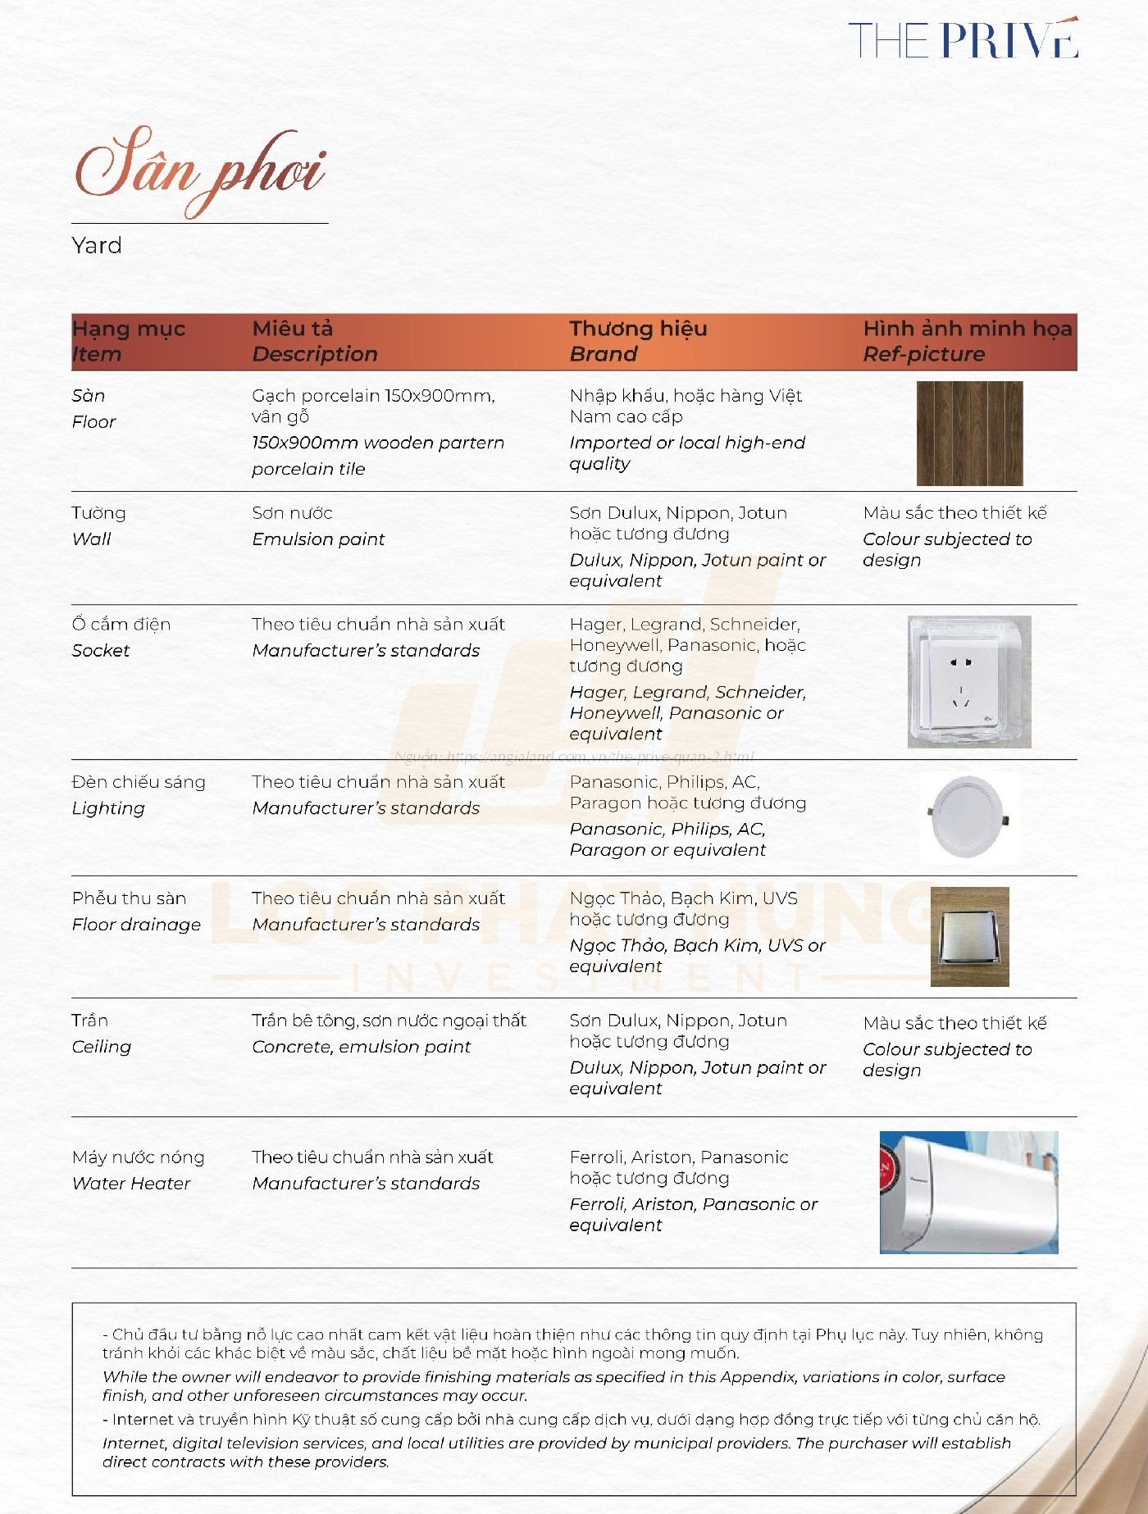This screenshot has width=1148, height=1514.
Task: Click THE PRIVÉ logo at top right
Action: click(x=963, y=39)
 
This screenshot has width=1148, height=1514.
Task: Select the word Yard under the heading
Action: click(x=97, y=245)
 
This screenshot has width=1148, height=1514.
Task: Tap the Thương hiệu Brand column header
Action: click(x=638, y=341)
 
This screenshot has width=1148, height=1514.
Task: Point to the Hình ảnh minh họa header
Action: click(x=967, y=329)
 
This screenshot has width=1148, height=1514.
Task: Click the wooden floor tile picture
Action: click(x=969, y=434)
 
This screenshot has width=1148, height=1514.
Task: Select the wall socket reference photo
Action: click(x=968, y=682)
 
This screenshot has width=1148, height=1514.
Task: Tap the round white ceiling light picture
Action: click(x=969, y=817)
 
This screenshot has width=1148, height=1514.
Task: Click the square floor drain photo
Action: click(x=969, y=936)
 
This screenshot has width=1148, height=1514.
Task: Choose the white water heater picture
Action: click(x=968, y=1193)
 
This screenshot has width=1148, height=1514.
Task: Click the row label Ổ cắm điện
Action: click(x=121, y=624)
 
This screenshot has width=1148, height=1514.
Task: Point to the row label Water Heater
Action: click(x=131, y=1183)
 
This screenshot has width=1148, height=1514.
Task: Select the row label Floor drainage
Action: click(x=136, y=924)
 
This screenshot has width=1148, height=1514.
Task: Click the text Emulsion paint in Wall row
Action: click(x=318, y=539)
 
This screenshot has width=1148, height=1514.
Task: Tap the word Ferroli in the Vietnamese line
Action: click(x=596, y=1157)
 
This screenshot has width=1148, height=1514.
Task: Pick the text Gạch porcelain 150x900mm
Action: click(x=373, y=395)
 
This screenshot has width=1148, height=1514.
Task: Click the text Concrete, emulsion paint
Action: click(x=361, y=1046)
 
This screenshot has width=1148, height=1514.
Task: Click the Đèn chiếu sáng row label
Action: click(x=139, y=781)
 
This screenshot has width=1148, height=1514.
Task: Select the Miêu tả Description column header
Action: click(x=314, y=341)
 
